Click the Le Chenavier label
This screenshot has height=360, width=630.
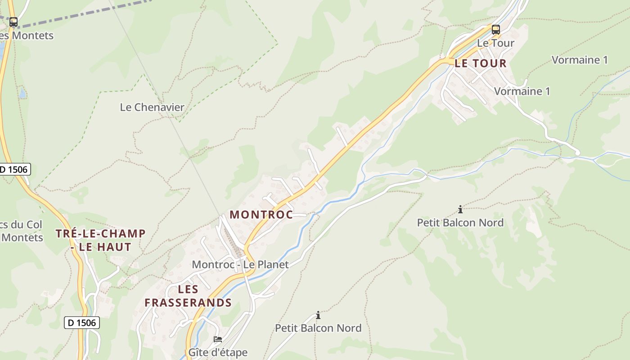[152, 107]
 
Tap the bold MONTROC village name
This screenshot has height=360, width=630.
[261, 215]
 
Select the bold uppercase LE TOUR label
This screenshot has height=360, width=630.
[481, 63]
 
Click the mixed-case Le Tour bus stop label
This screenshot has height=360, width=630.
[495, 43]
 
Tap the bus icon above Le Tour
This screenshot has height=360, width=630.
[495, 30]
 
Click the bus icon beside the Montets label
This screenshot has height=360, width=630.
[13, 22]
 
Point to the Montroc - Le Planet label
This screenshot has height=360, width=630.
[240, 264]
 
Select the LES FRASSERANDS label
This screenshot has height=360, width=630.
[188, 296]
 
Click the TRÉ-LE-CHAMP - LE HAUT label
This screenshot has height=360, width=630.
[100, 240]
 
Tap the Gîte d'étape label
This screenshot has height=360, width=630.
[218, 352]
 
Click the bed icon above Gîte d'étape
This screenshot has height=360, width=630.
[218, 339]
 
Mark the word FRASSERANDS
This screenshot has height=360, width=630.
[188, 302]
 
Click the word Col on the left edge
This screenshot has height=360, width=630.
[34, 224]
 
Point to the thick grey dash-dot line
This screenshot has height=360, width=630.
[90, 12]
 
